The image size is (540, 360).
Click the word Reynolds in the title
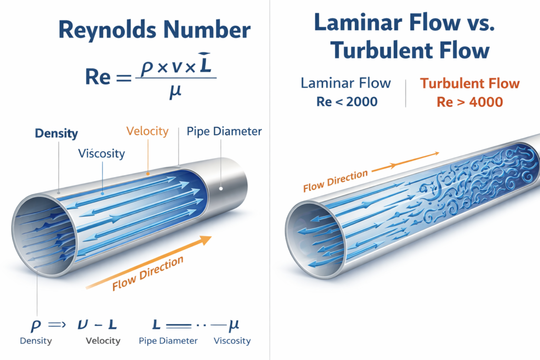101,31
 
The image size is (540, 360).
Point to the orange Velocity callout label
147,131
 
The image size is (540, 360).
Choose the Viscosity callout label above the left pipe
101,154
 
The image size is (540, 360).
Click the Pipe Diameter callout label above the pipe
224,131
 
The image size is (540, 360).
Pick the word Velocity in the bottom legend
103,340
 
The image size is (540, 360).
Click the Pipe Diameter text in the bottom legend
168,340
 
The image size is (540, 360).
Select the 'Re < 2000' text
347,102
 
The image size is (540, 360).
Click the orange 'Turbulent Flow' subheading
469,83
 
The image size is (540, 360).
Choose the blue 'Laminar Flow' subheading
346,83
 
